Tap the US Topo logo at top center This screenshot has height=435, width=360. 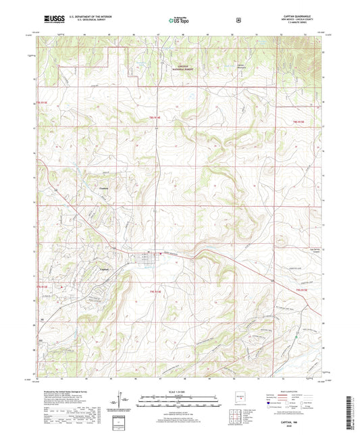click(x=179, y=21)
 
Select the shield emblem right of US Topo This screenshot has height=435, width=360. click(x=237, y=20)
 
